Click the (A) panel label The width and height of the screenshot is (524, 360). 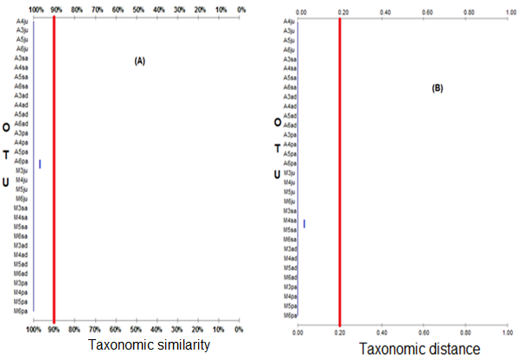[139, 61]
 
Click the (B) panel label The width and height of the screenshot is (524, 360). [437, 88]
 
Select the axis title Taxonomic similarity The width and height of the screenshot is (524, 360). [150, 345]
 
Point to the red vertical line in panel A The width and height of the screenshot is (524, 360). [54, 173]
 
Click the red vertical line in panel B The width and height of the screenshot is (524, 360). [340, 173]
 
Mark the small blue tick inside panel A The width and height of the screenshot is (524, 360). [40, 164]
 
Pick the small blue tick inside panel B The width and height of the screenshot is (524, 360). [304, 224]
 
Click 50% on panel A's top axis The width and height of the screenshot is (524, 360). [138, 9]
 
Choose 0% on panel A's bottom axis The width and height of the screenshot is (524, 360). [240, 330]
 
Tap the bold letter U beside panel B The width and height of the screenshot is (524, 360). [276, 174]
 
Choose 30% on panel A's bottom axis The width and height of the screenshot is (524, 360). [178, 330]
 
